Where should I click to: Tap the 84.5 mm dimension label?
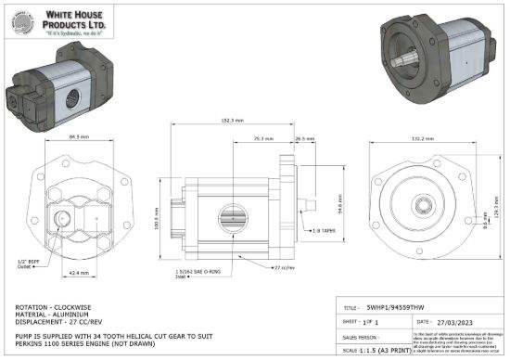tap(79, 137)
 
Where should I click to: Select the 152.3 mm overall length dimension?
tap(232, 121)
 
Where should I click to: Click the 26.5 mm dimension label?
tap(301, 137)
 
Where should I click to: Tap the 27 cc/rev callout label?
tap(283, 267)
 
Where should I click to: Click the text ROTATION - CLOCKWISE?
tap(53, 305)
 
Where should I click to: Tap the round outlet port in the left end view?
tap(63, 220)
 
